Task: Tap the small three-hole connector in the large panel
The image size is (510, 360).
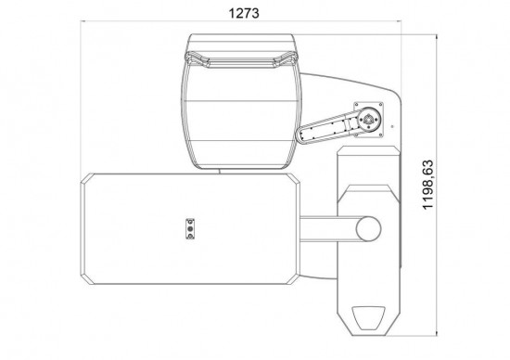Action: (x=191, y=228)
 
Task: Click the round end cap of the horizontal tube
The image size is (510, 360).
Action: (x=371, y=228)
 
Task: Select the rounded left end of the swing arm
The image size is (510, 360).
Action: (x=302, y=136)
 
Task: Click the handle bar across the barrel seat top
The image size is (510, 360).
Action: (x=242, y=61)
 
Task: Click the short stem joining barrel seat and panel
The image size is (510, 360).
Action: (x=219, y=171)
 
